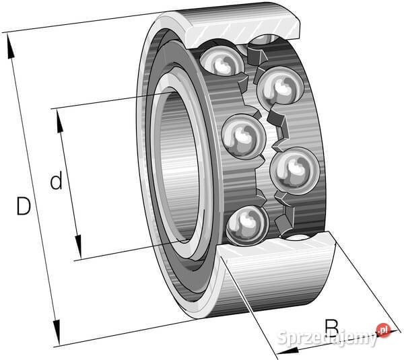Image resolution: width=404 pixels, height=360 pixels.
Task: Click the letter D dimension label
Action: pyautogui.click(x=24, y=206)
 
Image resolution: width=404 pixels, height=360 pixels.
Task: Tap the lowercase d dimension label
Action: pyautogui.click(x=56, y=180)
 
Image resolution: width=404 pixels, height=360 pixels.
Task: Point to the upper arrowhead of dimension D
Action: pyautogui.click(x=10, y=46)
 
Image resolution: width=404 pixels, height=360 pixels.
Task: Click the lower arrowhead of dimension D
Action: pyautogui.click(x=57, y=332)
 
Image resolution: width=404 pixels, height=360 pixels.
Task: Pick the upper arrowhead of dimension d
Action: pyautogui.click(x=59, y=122)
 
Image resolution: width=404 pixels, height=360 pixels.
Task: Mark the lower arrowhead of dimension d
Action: pyautogui.click(x=78, y=247)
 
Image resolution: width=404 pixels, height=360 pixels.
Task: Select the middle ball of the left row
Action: pyautogui.click(x=244, y=136)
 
